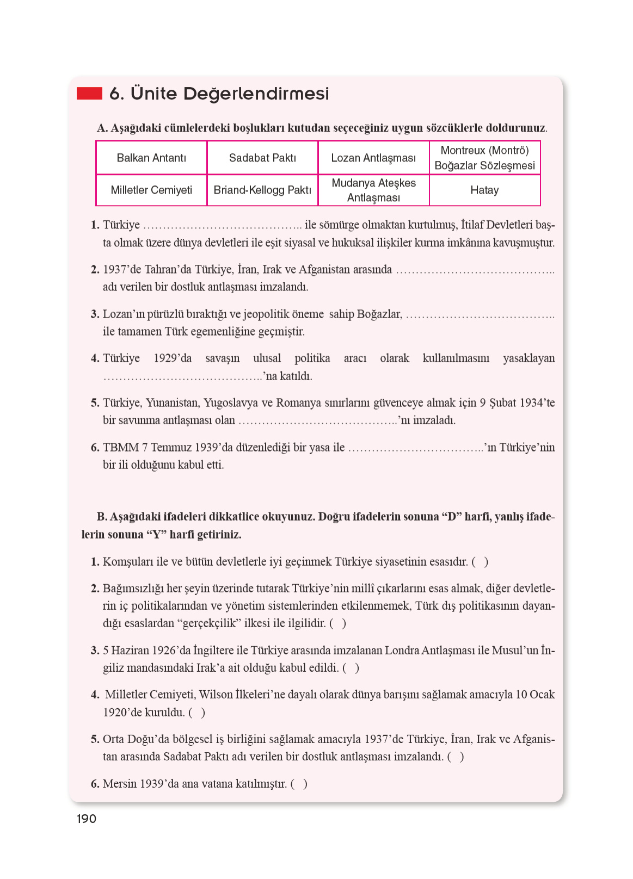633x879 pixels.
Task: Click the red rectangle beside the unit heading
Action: [x=89, y=94]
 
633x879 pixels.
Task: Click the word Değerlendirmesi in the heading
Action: [x=256, y=94]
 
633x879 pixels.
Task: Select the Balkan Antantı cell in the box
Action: [x=151, y=158]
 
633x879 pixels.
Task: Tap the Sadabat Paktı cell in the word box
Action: [x=262, y=158]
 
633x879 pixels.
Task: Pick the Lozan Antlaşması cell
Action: [x=373, y=158]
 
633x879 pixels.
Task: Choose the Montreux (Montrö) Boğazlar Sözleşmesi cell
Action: [x=484, y=158]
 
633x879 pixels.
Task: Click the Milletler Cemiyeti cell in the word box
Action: [x=151, y=190]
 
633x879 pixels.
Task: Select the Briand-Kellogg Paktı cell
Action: [x=262, y=190]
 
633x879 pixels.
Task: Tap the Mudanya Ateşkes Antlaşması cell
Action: [x=373, y=190]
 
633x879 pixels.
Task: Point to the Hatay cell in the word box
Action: [x=484, y=190]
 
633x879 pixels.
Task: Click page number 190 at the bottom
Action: [x=87, y=819]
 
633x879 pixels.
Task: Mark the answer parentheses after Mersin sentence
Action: [x=299, y=784]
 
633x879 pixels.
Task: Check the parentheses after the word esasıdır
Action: [x=480, y=562]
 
